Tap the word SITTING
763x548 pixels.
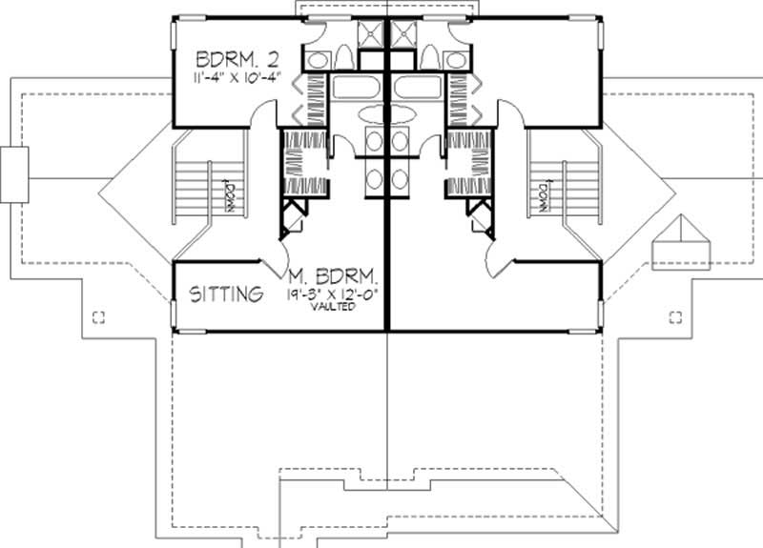225,294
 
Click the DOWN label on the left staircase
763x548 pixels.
228,194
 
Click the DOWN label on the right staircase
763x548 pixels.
541,194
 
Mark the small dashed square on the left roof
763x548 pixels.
97,316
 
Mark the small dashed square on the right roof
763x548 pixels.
675,316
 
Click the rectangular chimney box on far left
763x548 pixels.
14,174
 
